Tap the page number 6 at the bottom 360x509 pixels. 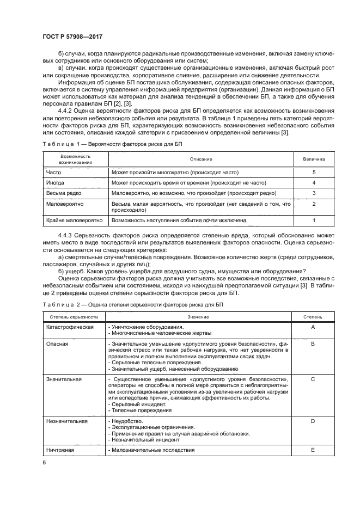pos(45,462)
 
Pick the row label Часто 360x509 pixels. pos(54,172)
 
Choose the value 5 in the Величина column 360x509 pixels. pos(314,172)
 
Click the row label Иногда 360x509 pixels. pos(56,182)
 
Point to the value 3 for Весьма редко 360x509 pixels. pos(314,193)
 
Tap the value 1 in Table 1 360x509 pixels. pos(314,220)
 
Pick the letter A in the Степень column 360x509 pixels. pos(313,327)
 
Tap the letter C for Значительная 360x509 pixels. pos(313,379)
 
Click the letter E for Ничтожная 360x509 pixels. pos(313,450)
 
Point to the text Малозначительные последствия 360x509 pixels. pos(152,450)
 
